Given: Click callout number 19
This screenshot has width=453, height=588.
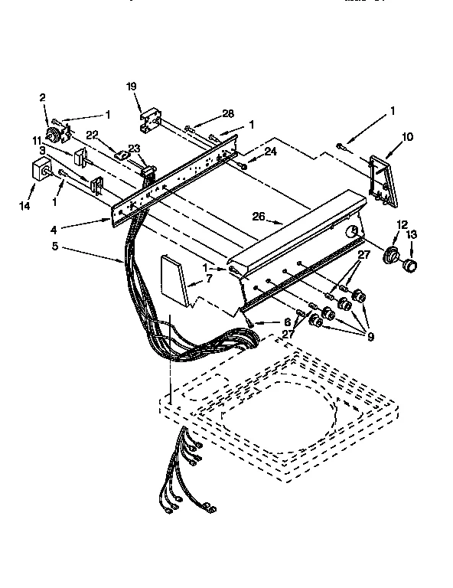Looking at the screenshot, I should [132, 87].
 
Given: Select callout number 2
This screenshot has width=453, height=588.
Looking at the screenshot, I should [43, 97].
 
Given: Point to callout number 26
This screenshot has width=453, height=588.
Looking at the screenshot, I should [259, 217].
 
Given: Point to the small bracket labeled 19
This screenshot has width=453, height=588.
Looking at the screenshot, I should [150, 116].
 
